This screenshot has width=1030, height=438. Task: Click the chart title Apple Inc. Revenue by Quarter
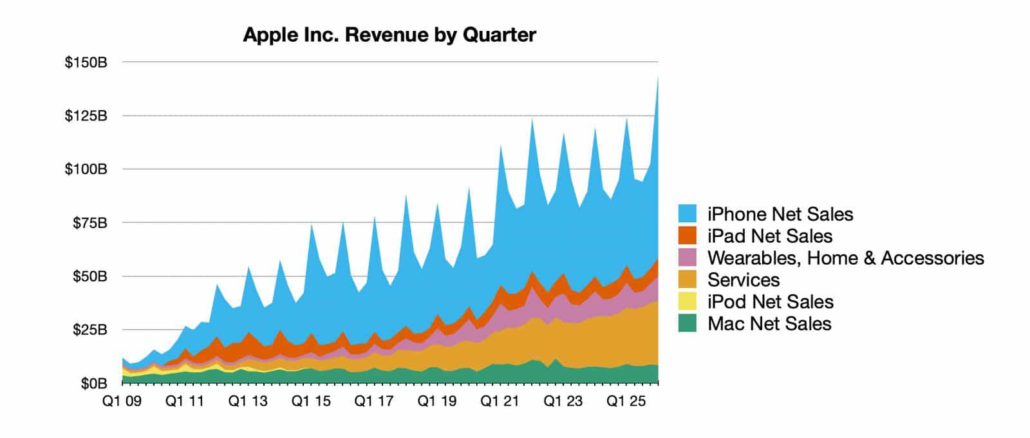click(x=389, y=35)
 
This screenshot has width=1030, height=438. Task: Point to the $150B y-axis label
click(x=86, y=63)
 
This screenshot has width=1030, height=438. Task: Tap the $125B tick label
click(x=86, y=117)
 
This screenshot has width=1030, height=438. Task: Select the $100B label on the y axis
click(x=86, y=170)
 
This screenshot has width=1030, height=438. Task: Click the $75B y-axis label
click(x=89, y=224)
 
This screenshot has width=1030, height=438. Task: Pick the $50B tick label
click(x=89, y=277)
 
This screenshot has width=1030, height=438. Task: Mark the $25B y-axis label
click(x=89, y=330)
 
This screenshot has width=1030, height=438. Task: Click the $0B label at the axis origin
click(x=93, y=384)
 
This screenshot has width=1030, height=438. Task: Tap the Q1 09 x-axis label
click(x=122, y=401)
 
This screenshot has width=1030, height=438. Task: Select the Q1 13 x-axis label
click(x=248, y=401)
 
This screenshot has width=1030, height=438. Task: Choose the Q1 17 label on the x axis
click(x=374, y=401)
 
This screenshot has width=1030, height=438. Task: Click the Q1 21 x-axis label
click(x=500, y=401)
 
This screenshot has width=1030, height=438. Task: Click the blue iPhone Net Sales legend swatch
click(x=688, y=214)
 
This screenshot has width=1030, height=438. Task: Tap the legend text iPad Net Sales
click(x=770, y=236)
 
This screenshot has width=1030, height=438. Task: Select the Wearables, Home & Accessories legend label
click(x=845, y=258)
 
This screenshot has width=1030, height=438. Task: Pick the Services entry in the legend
click(x=743, y=280)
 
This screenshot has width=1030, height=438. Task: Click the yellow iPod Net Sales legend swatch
click(x=688, y=302)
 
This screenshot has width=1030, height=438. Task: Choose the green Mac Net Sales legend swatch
click(x=688, y=324)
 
